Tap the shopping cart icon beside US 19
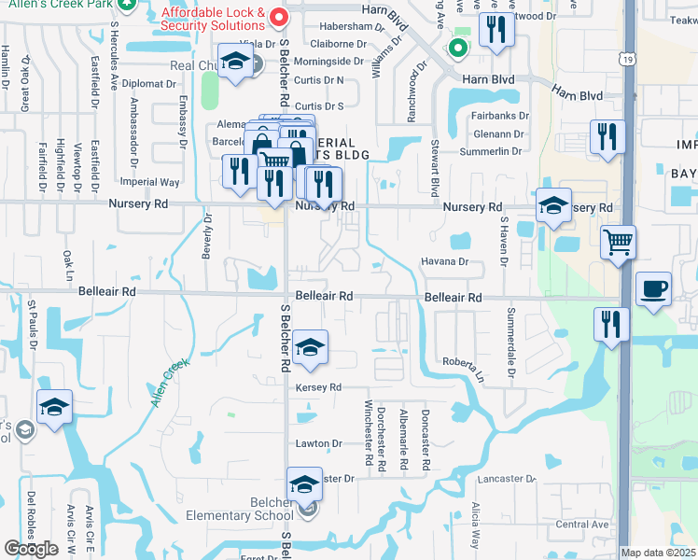(618, 242)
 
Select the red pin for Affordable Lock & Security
(273, 16)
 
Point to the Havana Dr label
(443, 262)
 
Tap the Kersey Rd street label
(319, 387)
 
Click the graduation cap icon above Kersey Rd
(308, 348)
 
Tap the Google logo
(31, 548)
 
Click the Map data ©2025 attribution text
(659, 553)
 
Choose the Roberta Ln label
(464, 364)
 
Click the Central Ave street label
(581, 525)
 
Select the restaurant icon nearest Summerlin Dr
(607, 138)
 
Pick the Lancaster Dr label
(507, 479)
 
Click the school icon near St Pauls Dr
(54, 407)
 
